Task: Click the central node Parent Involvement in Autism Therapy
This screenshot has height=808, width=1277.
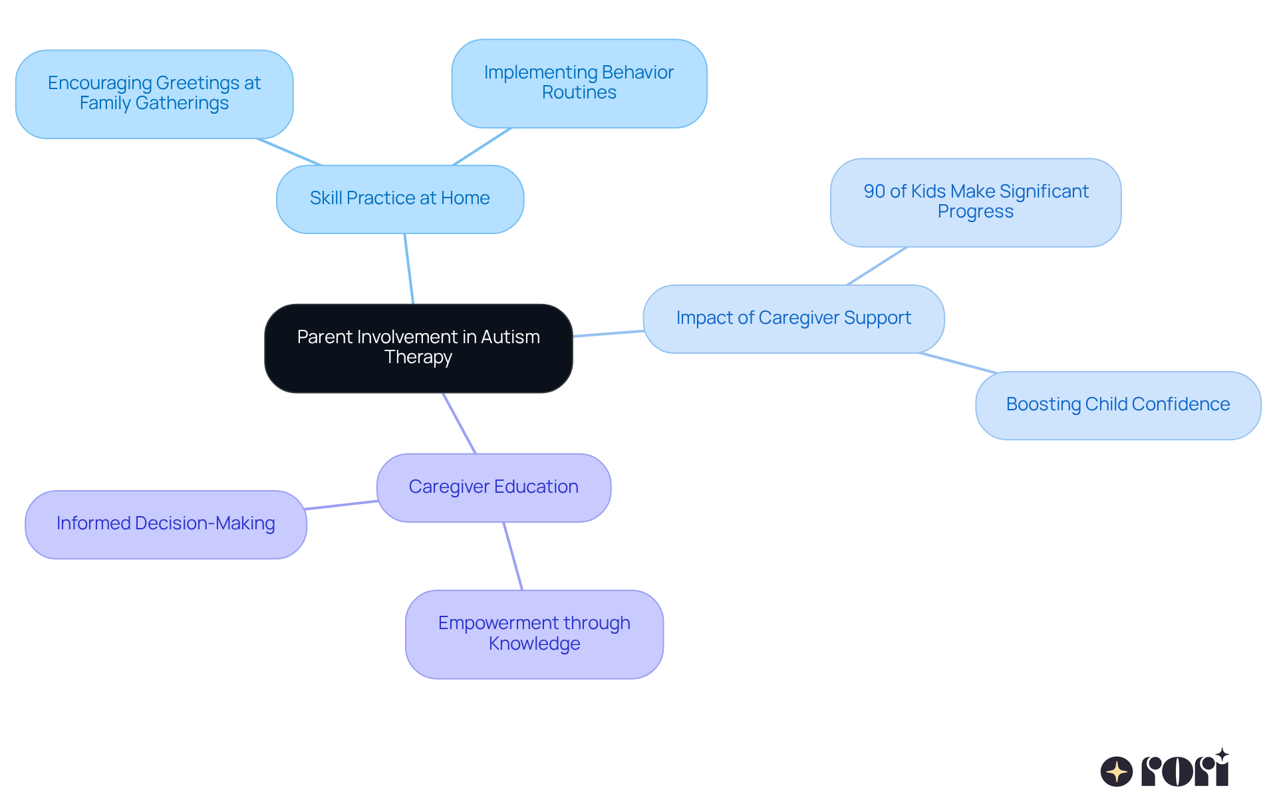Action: pyautogui.click(x=418, y=348)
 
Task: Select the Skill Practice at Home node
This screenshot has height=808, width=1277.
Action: pyautogui.click(x=400, y=199)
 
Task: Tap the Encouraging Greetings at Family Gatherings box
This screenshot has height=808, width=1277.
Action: pyautogui.click(x=154, y=94)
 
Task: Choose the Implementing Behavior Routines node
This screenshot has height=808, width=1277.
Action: pyautogui.click(x=579, y=83)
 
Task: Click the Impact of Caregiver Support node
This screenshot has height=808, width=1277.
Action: pyautogui.click(x=793, y=319)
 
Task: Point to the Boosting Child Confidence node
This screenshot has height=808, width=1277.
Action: pyautogui.click(x=1117, y=405)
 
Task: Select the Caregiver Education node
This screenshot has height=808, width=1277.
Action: pyautogui.click(x=494, y=487)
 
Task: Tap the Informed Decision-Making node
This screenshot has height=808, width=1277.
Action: pyautogui.click(x=166, y=524)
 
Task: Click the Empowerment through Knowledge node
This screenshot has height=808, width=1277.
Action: pyautogui.click(x=534, y=634)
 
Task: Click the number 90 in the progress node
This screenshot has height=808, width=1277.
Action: pyautogui.click(x=874, y=192)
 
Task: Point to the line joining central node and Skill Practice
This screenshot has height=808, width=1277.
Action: pyautogui.click(x=409, y=269)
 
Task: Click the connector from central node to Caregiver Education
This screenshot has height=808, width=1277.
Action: pyautogui.click(x=460, y=423)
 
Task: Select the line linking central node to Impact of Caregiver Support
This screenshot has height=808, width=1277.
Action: pyautogui.click(x=608, y=333)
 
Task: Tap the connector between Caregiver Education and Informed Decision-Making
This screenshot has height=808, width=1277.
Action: pyautogui.click(x=341, y=505)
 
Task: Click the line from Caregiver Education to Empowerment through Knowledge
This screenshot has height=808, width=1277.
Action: pyautogui.click(x=513, y=556)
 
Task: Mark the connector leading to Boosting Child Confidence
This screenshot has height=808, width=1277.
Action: pyautogui.click(x=958, y=362)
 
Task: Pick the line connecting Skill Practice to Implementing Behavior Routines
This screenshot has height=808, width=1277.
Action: pyautogui.click(x=482, y=146)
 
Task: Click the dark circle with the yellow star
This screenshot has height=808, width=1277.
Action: pyautogui.click(x=1116, y=771)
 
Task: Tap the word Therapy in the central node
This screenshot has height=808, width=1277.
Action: pyautogui.click(x=418, y=358)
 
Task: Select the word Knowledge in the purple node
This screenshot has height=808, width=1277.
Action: pyautogui.click(x=534, y=644)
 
